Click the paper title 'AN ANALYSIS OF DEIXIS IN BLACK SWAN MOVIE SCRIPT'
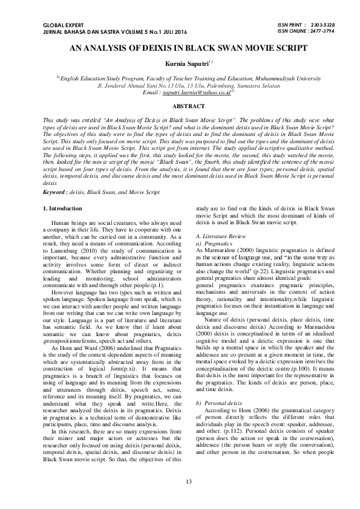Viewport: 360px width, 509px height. pyautogui.click(x=180, y=46)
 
